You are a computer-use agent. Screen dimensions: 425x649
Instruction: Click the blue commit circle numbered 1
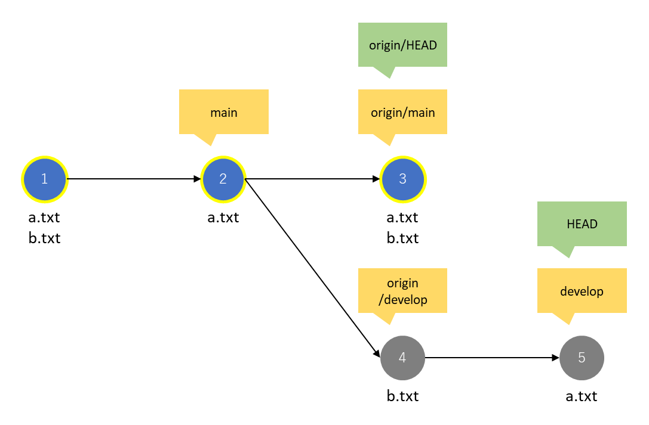pyautogui.click(x=44, y=179)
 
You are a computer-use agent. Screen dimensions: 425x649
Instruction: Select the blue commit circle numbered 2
pyautogui.click(x=223, y=179)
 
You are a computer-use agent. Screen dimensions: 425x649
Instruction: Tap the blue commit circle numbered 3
pyautogui.click(x=402, y=179)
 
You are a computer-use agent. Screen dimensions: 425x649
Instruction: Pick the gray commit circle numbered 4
pyautogui.click(x=402, y=358)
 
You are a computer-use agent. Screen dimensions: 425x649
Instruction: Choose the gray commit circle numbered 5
pyautogui.click(x=582, y=358)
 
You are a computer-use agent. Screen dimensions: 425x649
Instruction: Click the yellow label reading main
pyautogui.click(x=224, y=112)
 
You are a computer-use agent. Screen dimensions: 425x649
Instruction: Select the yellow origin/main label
pyautogui.click(x=402, y=112)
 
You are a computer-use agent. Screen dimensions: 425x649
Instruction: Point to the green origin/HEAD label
pyautogui.click(x=402, y=45)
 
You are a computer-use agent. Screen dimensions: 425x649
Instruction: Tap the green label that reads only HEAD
pyautogui.click(x=582, y=224)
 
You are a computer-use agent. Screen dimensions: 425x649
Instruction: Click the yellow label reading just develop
pyautogui.click(x=582, y=291)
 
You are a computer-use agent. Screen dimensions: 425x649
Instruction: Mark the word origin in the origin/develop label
pyautogui.click(x=402, y=283)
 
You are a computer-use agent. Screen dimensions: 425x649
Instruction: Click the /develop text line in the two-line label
pyautogui.click(x=403, y=299)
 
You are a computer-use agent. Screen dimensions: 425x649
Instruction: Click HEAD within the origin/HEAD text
pyautogui.click(x=420, y=45)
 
